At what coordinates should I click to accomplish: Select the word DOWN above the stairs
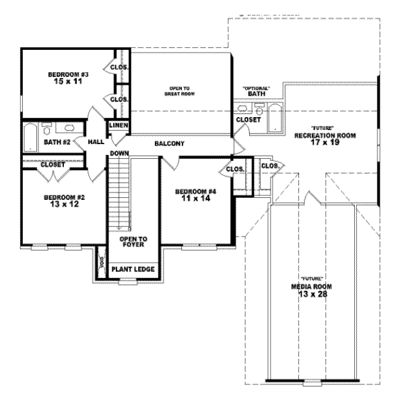(x=119, y=154)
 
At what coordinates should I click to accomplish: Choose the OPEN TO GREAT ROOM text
(x=178, y=91)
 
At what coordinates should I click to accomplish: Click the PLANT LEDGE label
(x=133, y=269)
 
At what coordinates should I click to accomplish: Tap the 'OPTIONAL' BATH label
(x=257, y=92)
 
